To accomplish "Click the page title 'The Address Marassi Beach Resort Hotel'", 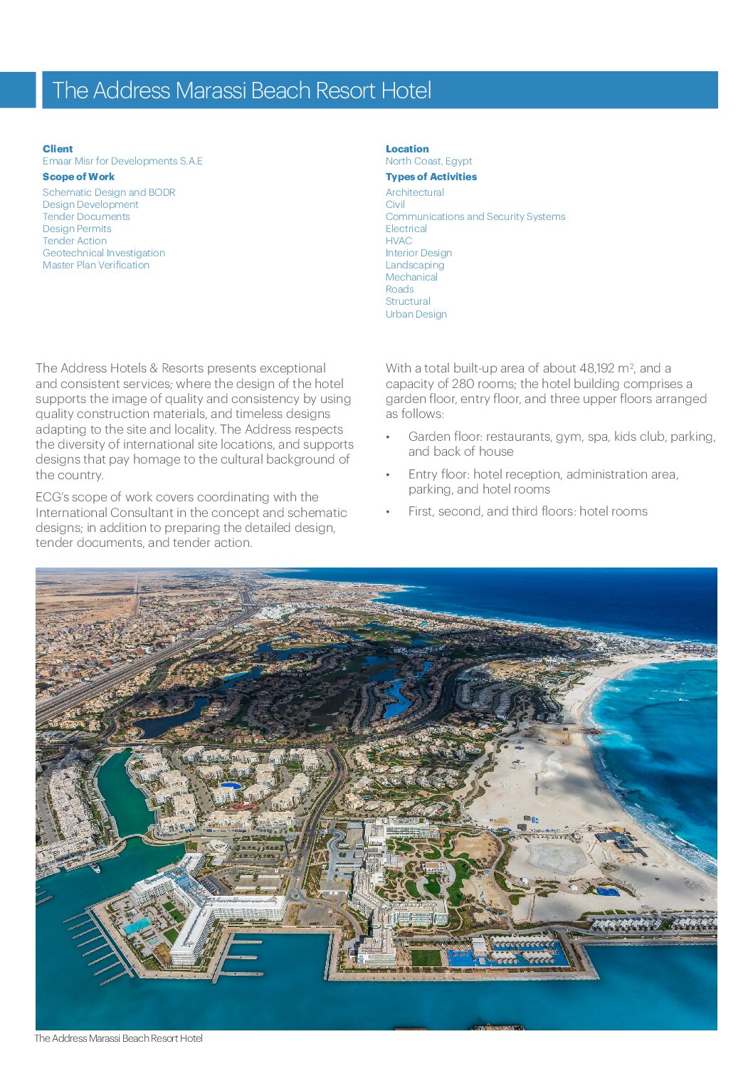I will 242,90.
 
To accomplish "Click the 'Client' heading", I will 58,149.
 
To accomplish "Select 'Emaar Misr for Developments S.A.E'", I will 122,161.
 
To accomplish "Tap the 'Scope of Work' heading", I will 78,177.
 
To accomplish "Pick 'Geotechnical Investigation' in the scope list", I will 104,253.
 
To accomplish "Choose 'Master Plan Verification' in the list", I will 96,265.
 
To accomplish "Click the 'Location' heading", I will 407,149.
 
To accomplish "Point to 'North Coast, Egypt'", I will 428,161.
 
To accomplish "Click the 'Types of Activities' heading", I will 431,177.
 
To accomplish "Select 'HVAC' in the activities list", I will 399,241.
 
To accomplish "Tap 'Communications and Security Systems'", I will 475,216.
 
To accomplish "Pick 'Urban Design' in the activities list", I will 416,314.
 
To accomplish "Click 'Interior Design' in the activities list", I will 418,253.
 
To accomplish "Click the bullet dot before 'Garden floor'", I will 388,437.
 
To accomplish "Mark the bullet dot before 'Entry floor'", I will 388,475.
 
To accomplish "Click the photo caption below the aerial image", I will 119,1038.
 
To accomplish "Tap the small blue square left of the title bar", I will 17,90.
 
